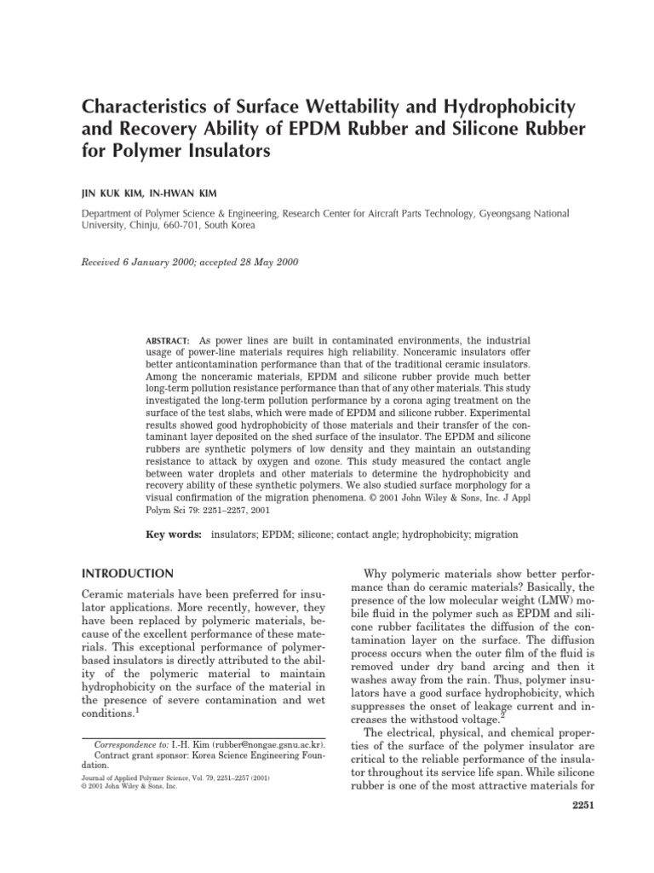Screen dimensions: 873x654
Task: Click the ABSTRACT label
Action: tap(167, 340)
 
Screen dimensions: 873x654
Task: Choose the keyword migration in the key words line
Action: tap(492, 535)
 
